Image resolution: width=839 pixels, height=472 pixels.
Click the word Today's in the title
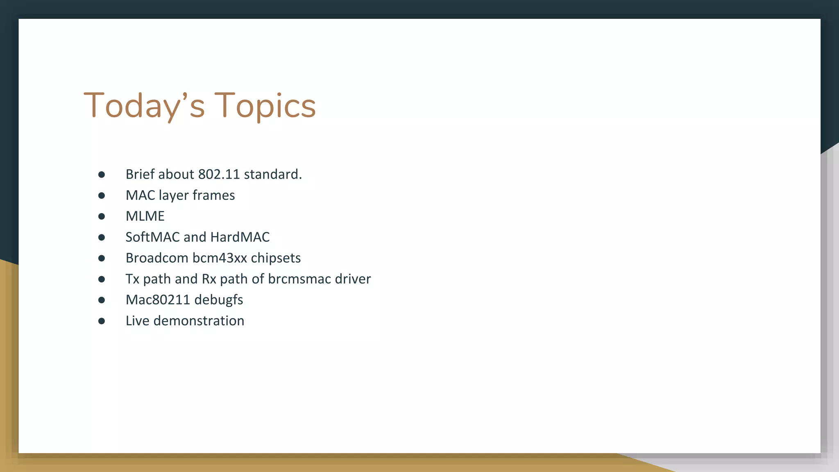pyautogui.click(x=144, y=106)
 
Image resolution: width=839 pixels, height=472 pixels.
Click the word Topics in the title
pyautogui.click(x=265, y=106)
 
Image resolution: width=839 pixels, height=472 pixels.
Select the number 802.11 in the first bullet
pyautogui.click(x=219, y=174)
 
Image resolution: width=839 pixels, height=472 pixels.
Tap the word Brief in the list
pyautogui.click(x=140, y=174)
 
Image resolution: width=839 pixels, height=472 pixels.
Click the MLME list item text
pyautogui.click(x=145, y=216)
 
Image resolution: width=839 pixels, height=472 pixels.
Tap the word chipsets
pyautogui.click(x=276, y=258)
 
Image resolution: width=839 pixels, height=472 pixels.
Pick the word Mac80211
pyautogui.click(x=158, y=300)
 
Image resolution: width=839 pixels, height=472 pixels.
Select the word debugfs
pyautogui.click(x=219, y=300)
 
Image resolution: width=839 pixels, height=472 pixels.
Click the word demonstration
pyautogui.click(x=199, y=320)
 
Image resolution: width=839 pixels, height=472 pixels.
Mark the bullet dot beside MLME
pyautogui.click(x=102, y=216)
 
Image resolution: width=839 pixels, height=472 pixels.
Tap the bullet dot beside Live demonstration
pyautogui.click(x=102, y=321)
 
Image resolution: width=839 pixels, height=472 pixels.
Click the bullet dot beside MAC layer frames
pyautogui.click(x=102, y=195)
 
